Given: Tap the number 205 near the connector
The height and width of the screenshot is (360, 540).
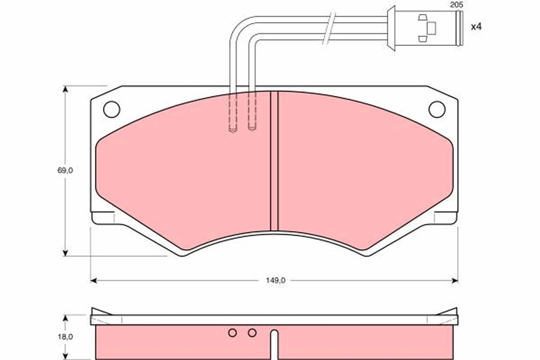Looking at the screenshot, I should click(x=456, y=5).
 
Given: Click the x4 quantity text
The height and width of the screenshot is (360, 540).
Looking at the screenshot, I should click(x=476, y=27).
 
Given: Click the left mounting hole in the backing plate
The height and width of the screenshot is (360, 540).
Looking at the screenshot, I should click(x=112, y=109).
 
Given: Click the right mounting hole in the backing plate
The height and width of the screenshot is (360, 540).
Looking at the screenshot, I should click(x=436, y=109).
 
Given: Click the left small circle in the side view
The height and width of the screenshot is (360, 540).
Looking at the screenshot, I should click(x=233, y=333).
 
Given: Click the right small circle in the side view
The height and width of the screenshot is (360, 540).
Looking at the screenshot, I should click(x=252, y=333).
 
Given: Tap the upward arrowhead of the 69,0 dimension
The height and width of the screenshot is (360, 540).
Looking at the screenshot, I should click(x=66, y=89).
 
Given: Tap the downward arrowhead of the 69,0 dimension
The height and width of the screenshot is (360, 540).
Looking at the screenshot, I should click(x=66, y=253).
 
